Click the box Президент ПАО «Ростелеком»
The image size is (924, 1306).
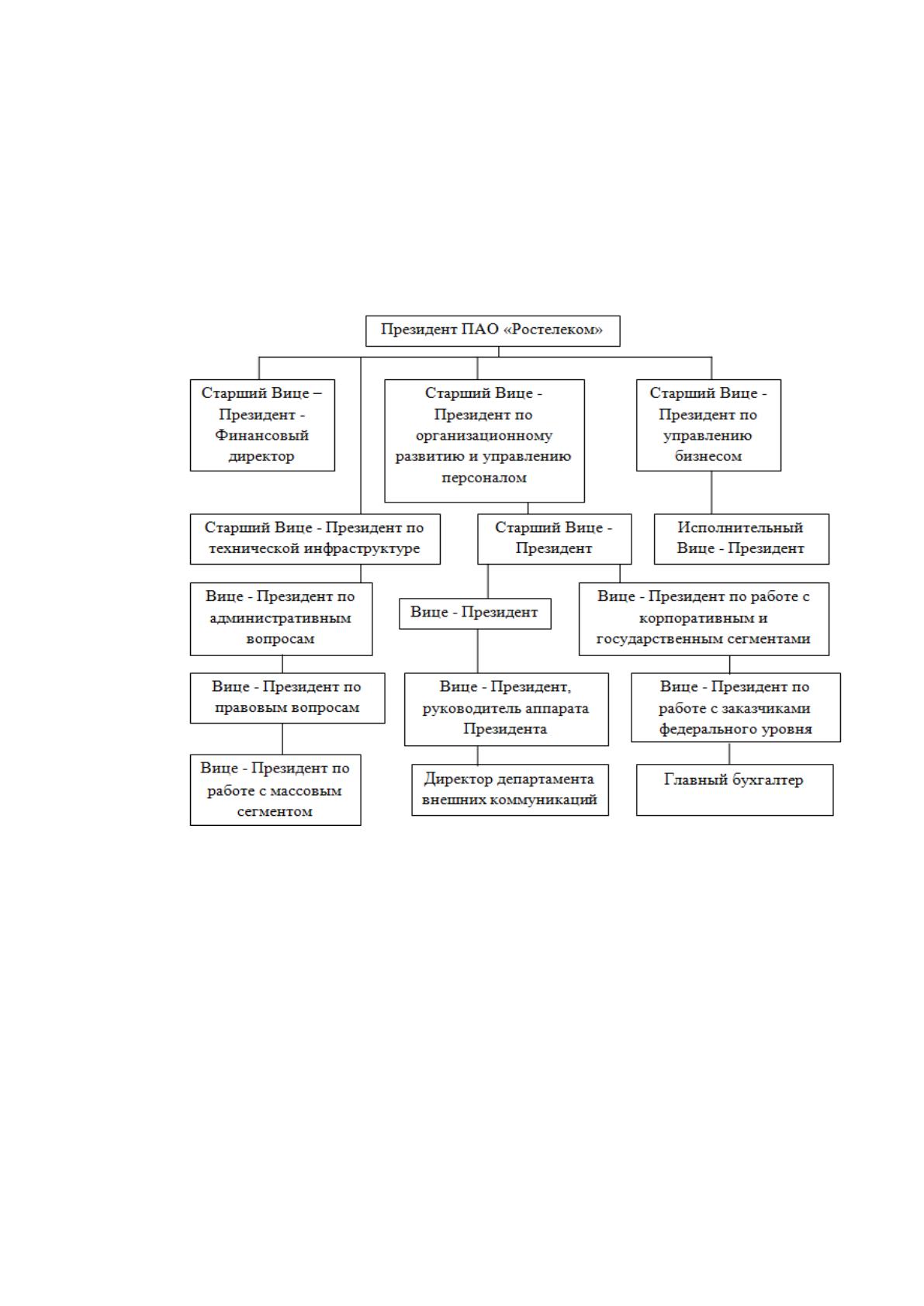tap(493, 330)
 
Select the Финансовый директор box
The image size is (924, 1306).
tap(262, 425)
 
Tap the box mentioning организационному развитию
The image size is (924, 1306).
tap(484, 441)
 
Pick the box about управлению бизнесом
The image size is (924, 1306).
tap(708, 425)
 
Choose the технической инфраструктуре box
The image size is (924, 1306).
tap(315, 539)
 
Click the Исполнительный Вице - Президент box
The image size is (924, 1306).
tap(742, 539)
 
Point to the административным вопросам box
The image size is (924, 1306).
tap(281, 619)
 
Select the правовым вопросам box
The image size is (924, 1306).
tap(288, 698)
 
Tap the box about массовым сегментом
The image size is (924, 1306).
tap(275, 789)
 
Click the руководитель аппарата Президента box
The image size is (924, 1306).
tap(507, 709)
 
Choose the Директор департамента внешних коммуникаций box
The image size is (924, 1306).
tap(510, 789)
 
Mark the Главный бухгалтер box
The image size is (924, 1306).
tap(735, 789)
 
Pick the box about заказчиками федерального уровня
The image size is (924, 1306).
tap(735, 707)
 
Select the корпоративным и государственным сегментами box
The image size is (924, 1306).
tap(704, 619)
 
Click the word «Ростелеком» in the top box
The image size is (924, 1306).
tap(553, 330)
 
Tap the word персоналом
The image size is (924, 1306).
tap(484, 478)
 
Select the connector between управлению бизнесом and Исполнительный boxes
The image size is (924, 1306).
tap(711, 492)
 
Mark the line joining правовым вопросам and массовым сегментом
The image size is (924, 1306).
tap(282, 739)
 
